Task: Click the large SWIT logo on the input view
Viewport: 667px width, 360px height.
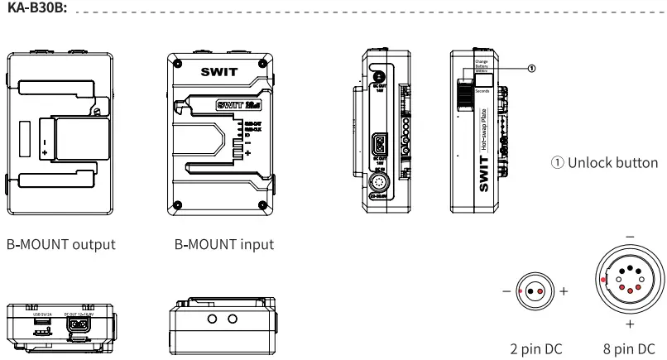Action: click(x=218, y=72)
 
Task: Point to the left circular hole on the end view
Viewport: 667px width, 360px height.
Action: click(x=212, y=319)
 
